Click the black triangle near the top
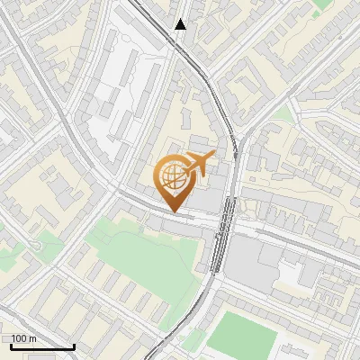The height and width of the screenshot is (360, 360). click(x=181, y=24)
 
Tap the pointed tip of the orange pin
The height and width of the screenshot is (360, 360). click(x=173, y=211)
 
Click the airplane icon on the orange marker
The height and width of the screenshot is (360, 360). click(x=199, y=164)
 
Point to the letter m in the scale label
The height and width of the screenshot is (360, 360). click(x=32, y=339)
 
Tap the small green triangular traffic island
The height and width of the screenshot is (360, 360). click(x=284, y=114)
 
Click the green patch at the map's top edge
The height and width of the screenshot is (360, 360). click(x=322, y=4)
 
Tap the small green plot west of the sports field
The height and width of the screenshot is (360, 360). click(x=193, y=340)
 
